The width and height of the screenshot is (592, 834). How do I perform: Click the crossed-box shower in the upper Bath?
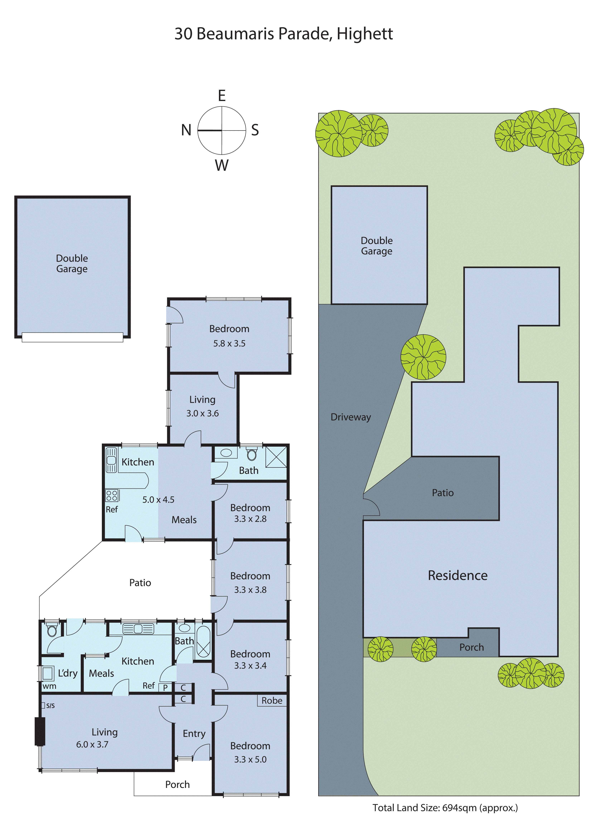coord(276,456)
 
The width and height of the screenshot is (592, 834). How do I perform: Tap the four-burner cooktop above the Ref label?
coord(112,495)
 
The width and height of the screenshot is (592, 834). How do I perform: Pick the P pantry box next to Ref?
coord(165,687)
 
